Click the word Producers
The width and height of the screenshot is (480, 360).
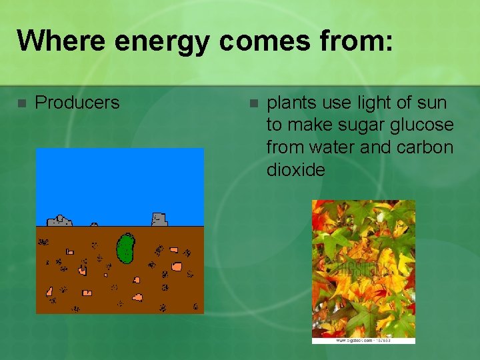point(77,103)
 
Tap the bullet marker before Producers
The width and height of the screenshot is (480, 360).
point(21,103)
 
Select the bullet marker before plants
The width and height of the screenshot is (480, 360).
point(253,103)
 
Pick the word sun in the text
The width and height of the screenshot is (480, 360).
point(433,103)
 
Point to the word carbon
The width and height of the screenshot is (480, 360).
point(427,147)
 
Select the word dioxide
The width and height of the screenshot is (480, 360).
point(295,169)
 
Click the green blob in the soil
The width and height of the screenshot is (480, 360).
point(125,248)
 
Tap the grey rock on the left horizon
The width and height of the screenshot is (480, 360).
point(59,220)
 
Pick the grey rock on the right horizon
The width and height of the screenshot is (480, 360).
point(159,219)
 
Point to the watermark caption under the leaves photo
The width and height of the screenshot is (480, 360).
point(363,341)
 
